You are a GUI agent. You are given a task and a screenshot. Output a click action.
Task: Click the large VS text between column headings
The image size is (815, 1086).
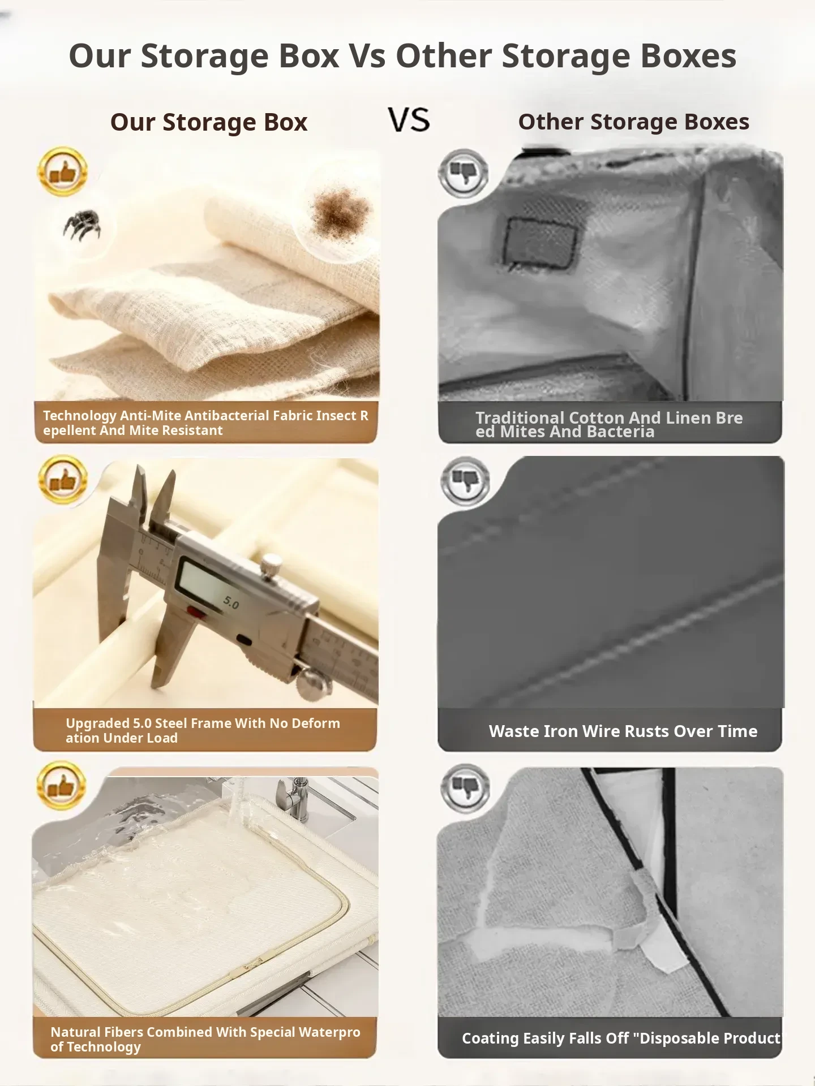click(x=409, y=120)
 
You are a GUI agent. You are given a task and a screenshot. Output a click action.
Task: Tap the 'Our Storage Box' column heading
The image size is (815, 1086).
click(x=209, y=122)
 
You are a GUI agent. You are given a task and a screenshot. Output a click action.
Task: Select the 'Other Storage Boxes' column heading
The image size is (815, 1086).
click(x=633, y=122)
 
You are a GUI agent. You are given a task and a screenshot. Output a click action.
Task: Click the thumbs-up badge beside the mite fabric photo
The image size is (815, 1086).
click(x=63, y=171)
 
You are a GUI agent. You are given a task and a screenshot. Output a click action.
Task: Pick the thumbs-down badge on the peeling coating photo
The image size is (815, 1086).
click(x=465, y=788)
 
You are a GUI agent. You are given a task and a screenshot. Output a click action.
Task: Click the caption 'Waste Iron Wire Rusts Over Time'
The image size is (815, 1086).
click(x=623, y=731)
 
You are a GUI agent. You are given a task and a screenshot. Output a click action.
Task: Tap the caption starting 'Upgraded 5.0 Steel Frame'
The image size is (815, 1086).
click(x=203, y=730)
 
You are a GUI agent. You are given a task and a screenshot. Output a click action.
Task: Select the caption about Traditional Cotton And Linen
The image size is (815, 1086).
click(x=609, y=424)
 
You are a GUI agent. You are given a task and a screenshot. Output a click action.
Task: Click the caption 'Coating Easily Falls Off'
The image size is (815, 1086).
click(x=621, y=1038)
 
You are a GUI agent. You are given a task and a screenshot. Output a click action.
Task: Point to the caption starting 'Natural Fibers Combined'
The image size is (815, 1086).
click(x=205, y=1039)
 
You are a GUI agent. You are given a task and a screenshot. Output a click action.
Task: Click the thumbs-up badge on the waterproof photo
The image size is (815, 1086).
click(x=62, y=786)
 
